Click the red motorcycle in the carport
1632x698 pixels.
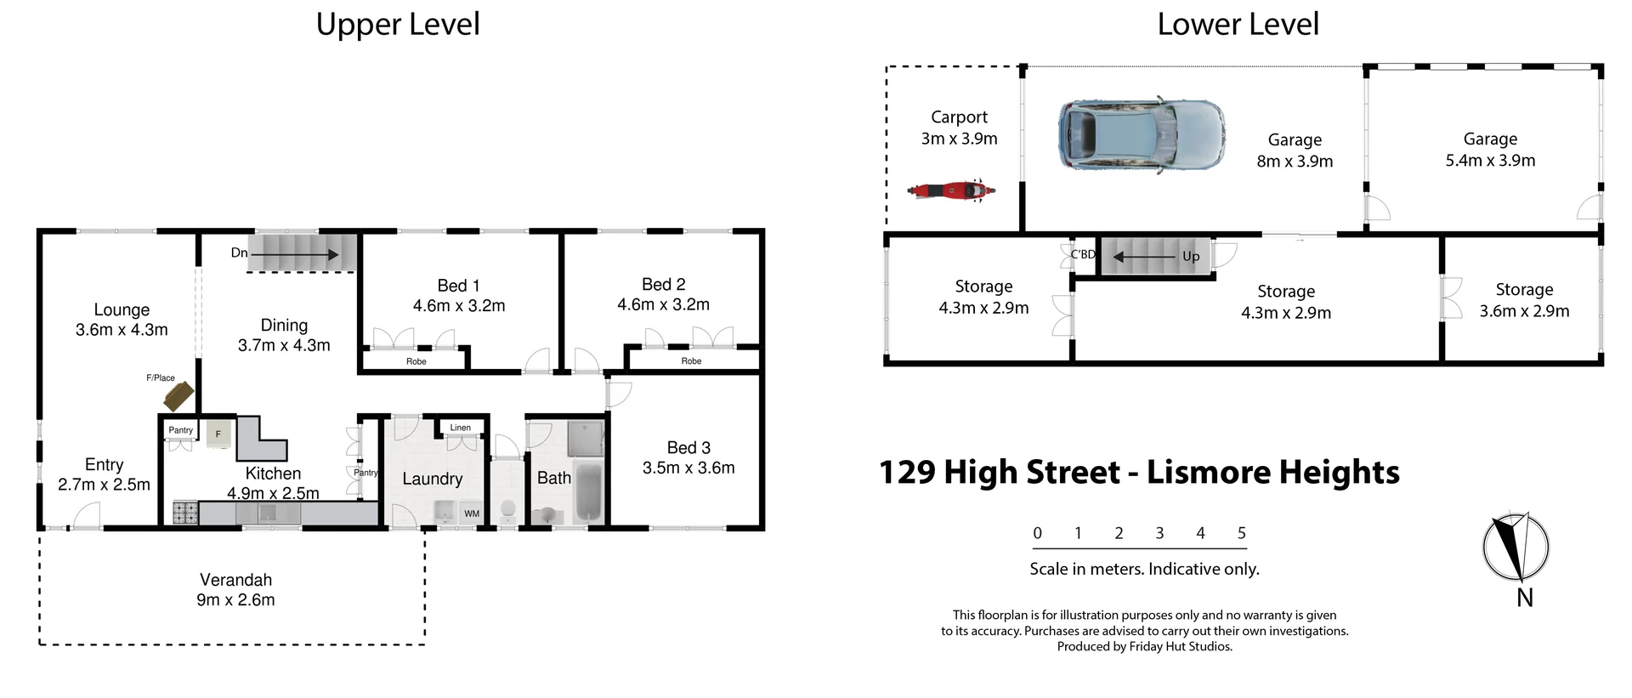950,190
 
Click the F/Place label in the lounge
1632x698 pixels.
160,377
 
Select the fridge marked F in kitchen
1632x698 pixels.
218,434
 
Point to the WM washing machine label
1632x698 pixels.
472,514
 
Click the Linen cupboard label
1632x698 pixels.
460,428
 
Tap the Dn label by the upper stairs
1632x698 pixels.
239,253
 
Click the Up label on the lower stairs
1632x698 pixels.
1190,256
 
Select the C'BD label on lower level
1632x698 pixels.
1082,254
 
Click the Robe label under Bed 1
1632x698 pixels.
416,361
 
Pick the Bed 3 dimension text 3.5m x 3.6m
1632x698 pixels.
688,468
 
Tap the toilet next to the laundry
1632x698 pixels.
508,509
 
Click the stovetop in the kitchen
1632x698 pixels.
185,513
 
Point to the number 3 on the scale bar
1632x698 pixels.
1159,533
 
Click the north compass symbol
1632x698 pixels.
1516,547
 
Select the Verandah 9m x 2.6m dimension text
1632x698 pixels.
235,599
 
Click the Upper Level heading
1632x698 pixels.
398,24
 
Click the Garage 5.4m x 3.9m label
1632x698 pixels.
1490,150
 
